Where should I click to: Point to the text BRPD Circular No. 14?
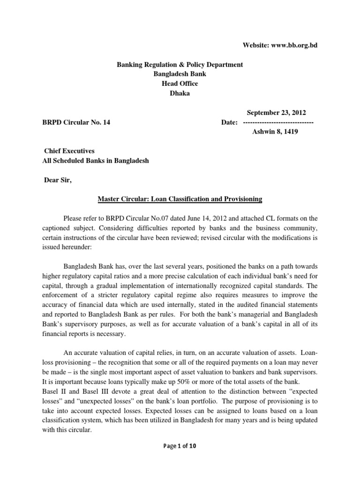[76, 123]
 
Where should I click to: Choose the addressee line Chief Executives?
[69, 151]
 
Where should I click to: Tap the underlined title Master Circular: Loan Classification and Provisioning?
[180, 199]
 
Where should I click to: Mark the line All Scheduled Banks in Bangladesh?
[95, 161]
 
